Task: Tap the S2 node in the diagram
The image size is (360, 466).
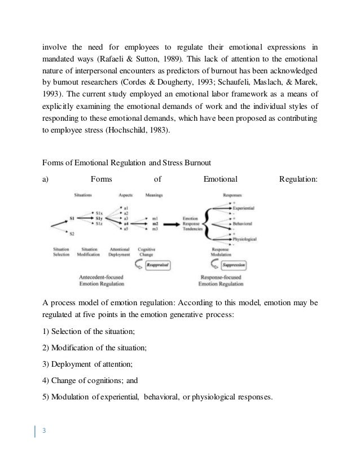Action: click(72, 233)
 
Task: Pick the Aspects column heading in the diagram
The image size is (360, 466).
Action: click(125, 195)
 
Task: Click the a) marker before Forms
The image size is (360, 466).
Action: click(46, 180)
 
